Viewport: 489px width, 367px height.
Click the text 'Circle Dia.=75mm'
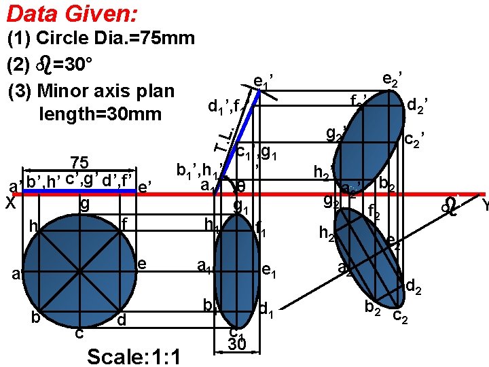pos(115,38)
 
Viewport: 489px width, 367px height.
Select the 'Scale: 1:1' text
pos(134,356)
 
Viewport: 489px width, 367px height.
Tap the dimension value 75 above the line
pos(80,163)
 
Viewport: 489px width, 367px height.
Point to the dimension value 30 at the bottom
pos(236,345)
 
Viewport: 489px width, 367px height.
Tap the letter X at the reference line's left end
pos(10,203)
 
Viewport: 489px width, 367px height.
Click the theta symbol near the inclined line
pos(242,185)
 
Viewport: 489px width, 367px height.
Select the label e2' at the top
pos(391,80)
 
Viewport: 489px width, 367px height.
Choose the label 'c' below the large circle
pos(79,332)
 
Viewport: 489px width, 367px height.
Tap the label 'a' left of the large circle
pos(15,274)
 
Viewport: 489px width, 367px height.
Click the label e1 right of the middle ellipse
pos(268,272)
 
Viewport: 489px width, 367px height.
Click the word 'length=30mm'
pos(101,113)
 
